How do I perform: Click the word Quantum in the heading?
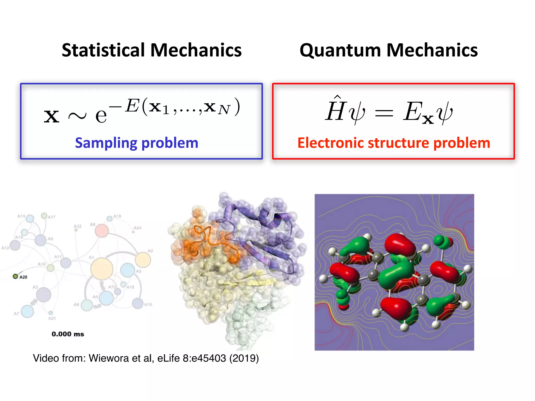click(340, 50)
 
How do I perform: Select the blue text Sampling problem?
click(137, 143)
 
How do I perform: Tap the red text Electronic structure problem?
click(394, 143)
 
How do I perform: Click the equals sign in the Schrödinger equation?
click(384, 114)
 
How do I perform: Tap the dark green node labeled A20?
click(15, 276)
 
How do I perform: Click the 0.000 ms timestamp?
click(68, 334)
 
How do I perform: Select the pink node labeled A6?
click(102, 231)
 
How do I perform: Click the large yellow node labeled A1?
click(102, 269)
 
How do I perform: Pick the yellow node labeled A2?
click(143, 260)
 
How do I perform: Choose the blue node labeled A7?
click(27, 311)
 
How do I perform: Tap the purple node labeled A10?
click(138, 303)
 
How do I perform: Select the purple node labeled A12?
click(15, 245)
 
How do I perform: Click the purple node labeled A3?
click(44, 294)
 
